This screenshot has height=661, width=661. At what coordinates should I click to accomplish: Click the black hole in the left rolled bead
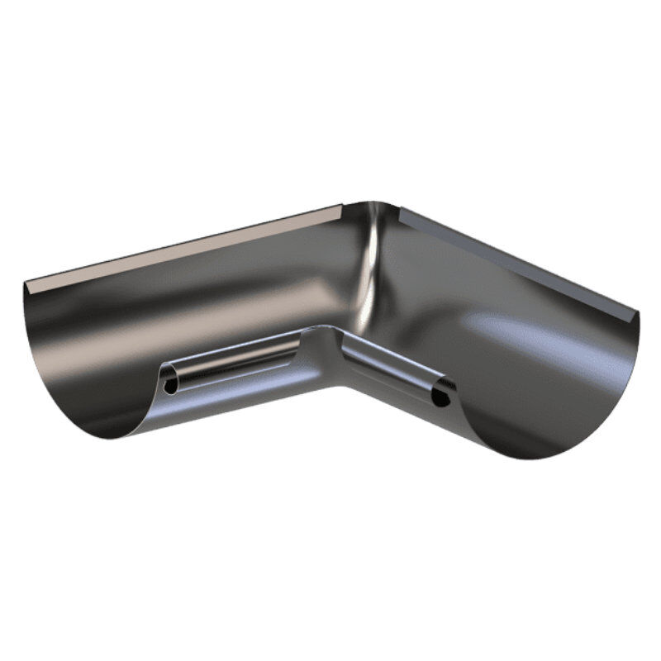tap(170, 386)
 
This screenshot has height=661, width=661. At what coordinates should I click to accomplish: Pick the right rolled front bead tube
tap(388, 368)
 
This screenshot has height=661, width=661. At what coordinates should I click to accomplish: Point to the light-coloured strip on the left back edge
tap(182, 248)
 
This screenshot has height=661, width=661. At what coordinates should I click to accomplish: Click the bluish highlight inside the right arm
tap(512, 330)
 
